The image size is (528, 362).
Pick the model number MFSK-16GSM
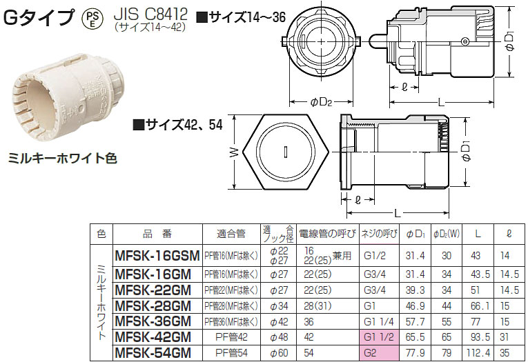(x=157, y=254)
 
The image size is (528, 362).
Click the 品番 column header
(x=157, y=234)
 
